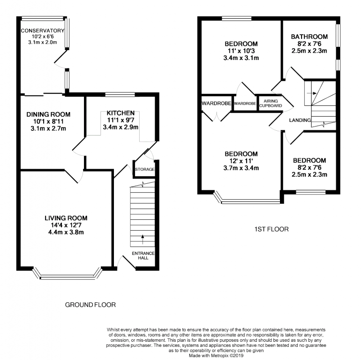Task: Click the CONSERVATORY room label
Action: [x=43, y=30]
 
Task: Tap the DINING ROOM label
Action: [x=48, y=114]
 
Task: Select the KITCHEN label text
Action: [x=121, y=113]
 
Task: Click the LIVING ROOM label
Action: [x=66, y=218]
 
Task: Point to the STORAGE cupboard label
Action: [x=145, y=169]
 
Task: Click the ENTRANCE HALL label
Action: [x=143, y=255]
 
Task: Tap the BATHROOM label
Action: [x=309, y=37]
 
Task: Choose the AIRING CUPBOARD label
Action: [x=271, y=104]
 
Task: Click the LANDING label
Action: [x=300, y=120]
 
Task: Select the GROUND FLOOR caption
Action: [x=90, y=305]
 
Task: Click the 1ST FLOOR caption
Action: [x=271, y=229]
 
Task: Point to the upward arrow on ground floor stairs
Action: [x=143, y=240]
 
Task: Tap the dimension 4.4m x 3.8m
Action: [x=66, y=232]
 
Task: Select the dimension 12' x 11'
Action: [x=241, y=161]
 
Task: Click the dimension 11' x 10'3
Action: [x=241, y=51]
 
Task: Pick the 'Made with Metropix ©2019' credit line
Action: [x=216, y=356]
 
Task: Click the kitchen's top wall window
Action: [x=120, y=94]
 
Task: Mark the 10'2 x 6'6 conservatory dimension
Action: [x=43, y=37]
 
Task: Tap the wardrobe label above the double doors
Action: [x=216, y=103]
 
